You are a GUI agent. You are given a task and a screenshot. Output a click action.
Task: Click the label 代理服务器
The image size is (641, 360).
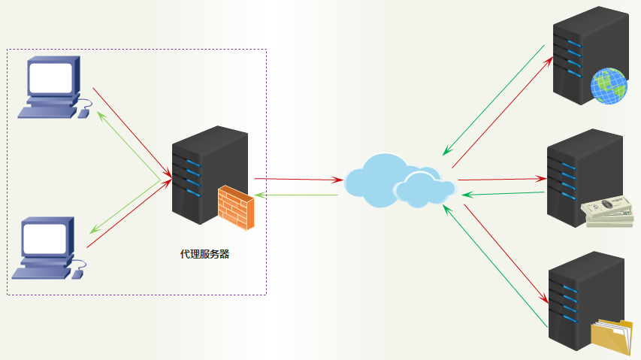click(204, 254)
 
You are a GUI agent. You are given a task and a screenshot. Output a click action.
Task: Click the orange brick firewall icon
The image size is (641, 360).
click(236, 207)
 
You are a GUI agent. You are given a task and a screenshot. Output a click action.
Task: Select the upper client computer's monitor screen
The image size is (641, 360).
click(51, 77)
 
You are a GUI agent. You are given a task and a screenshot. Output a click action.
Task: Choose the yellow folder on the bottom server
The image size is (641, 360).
click(612, 336)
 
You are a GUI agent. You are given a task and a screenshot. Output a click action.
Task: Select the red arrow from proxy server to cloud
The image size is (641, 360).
click(297, 180)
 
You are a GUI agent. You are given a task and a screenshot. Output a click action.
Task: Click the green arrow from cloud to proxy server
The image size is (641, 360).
click(297, 195)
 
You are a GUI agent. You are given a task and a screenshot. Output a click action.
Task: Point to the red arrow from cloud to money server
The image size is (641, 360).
click(500, 180)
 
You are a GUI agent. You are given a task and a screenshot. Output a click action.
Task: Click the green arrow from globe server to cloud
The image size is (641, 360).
click(494, 97)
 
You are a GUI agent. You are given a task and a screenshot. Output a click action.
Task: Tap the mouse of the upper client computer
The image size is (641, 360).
click(83, 113)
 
